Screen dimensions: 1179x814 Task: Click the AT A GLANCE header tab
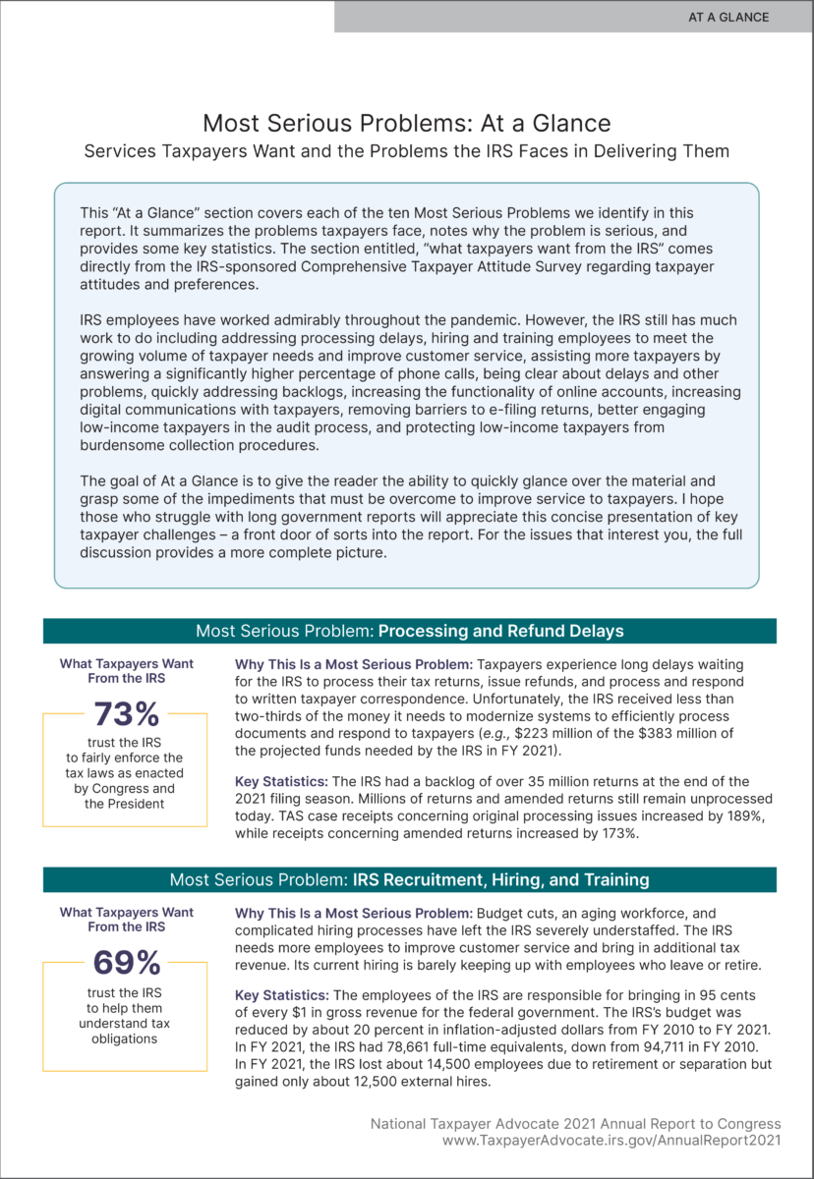(727, 17)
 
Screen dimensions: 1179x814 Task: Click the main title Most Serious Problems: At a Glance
(406, 124)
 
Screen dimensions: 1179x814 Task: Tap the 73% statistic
(126, 714)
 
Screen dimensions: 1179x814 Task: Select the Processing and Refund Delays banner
(409, 631)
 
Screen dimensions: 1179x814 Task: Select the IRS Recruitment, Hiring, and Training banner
(409, 879)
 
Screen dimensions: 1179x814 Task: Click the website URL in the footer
(611, 1141)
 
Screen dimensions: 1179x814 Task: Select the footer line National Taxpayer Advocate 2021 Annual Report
(575, 1123)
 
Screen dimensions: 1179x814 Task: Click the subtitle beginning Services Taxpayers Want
(406, 151)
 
